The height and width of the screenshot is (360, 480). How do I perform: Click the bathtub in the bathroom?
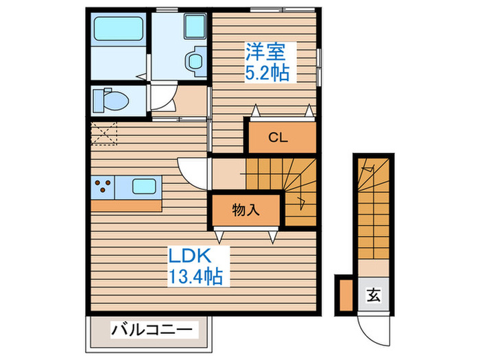tap(119, 29)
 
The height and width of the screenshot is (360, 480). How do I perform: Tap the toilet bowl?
tap(111, 100)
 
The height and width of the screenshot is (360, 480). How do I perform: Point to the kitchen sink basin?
tap(144, 187)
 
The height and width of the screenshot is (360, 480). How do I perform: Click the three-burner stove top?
tap(103, 187)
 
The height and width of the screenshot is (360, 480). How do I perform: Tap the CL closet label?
tap(278, 138)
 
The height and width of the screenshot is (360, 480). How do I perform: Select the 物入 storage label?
tap(245, 211)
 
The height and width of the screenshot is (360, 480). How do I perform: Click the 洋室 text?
tap(266, 51)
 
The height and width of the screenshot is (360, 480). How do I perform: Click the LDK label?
tap(190, 256)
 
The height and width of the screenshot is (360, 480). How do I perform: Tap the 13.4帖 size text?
tap(195, 276)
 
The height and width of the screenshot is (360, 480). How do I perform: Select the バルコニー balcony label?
tap(152, 330)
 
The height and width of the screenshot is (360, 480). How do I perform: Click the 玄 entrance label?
tap(374, 296)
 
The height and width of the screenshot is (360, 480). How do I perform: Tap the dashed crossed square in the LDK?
tap(104, 133)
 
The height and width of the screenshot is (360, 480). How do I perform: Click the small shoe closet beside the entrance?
tap(346, 295)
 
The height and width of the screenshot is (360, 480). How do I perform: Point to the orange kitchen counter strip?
tap(126, 206)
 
